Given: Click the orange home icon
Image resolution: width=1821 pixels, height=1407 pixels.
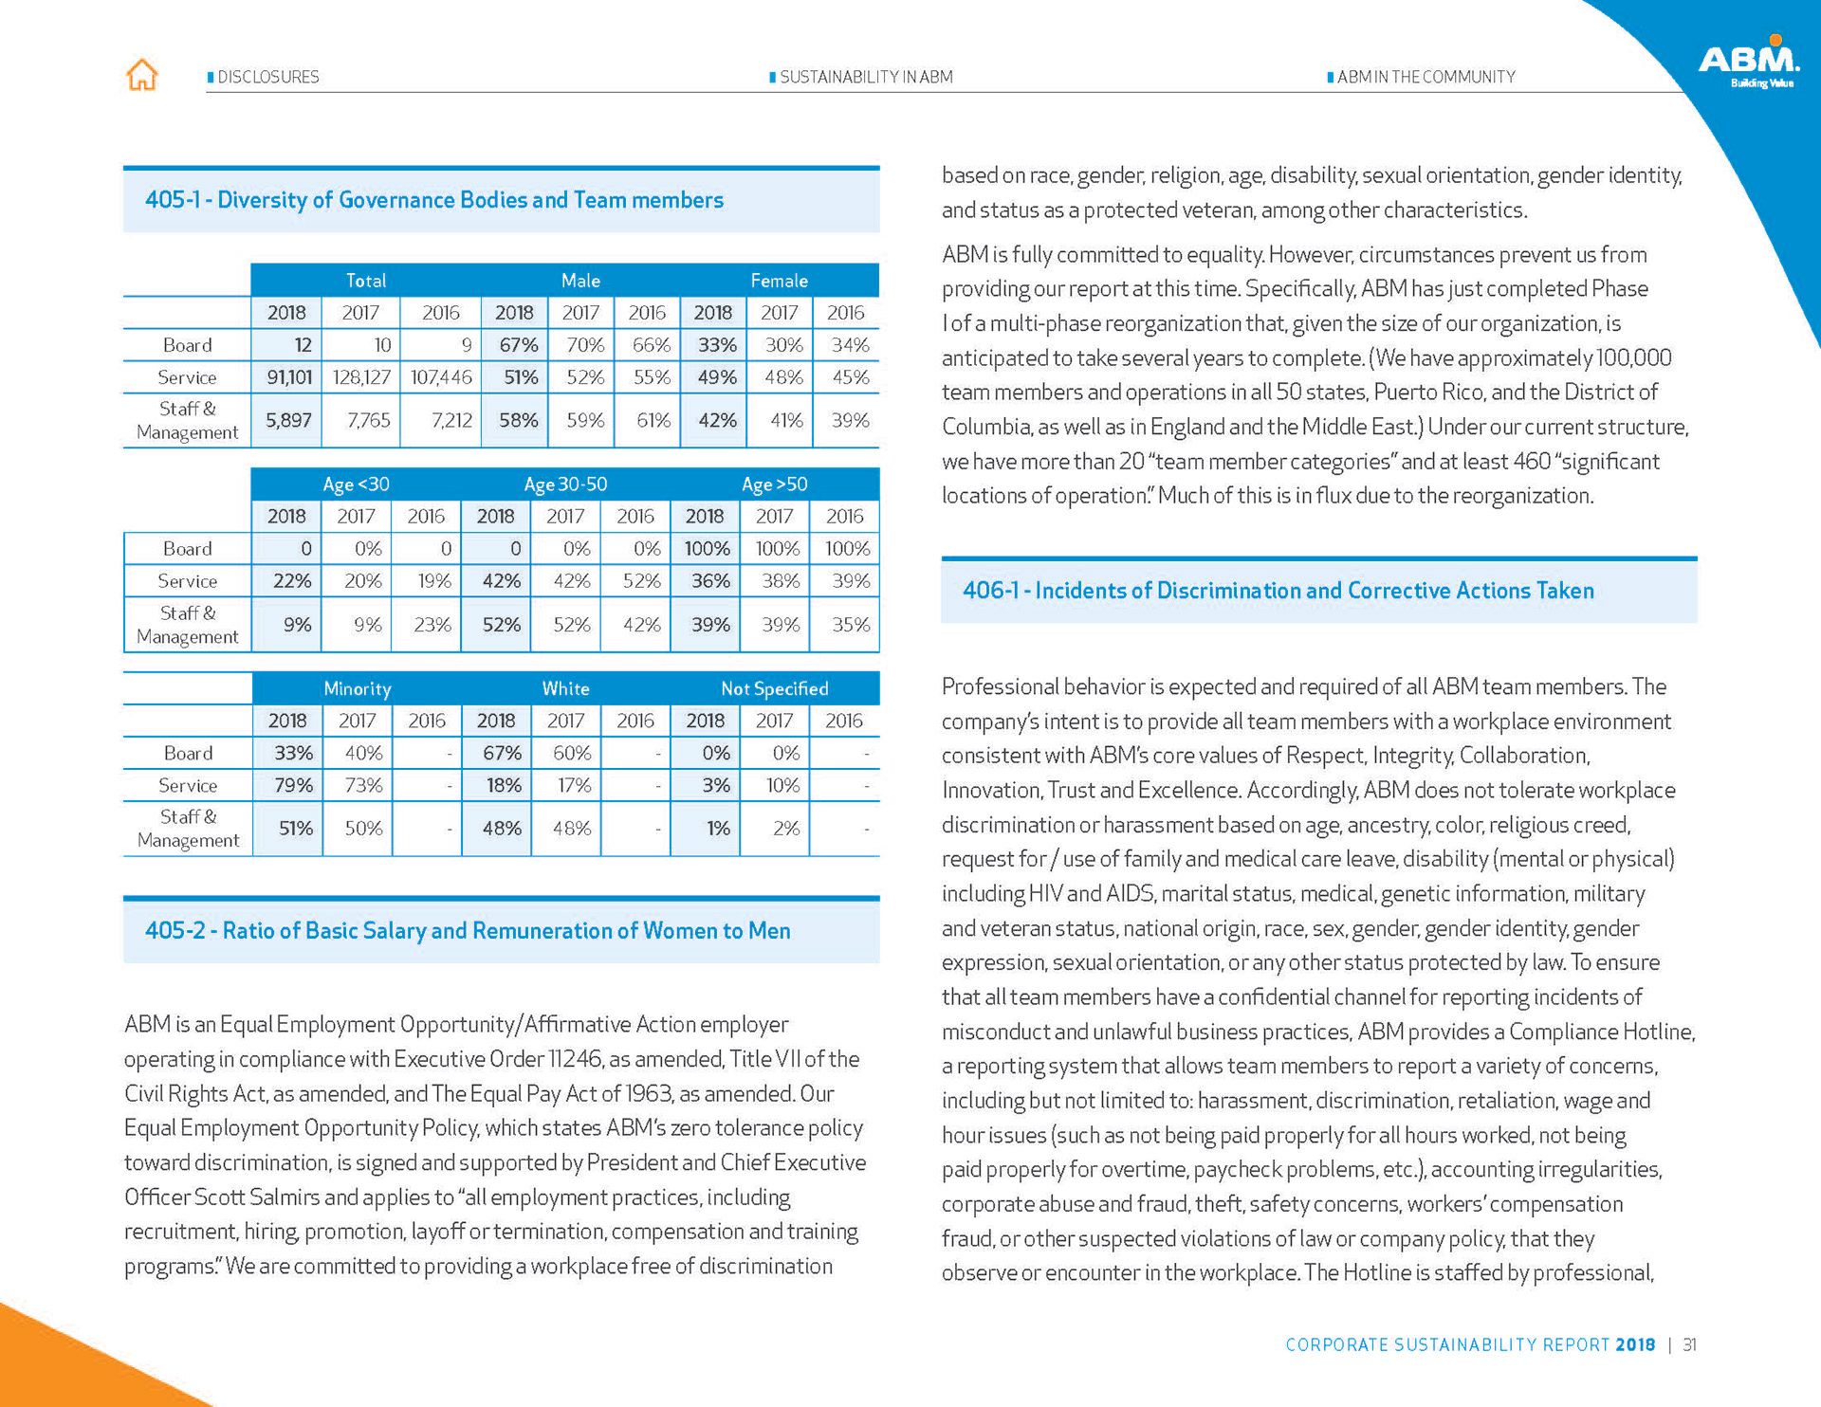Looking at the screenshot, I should (142, 75).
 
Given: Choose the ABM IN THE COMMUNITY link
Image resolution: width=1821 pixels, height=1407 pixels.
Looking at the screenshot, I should (1426, 77).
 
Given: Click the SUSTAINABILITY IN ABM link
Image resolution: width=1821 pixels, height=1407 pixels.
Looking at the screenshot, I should (865, 77).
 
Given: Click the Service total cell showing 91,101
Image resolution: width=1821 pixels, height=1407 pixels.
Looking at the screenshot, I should (288, 377).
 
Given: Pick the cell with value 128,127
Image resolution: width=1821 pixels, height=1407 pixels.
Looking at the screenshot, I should (360, 377).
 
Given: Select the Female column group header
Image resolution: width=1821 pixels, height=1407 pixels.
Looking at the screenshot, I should (779, 281).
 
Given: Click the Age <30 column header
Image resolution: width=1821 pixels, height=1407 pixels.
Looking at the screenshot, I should (356, 484).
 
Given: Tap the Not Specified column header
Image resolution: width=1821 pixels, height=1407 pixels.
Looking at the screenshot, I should (774, 689).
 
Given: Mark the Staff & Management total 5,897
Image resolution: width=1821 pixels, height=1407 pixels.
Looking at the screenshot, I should (288, 420).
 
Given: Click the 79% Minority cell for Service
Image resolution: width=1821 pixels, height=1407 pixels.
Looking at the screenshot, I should (292, 785).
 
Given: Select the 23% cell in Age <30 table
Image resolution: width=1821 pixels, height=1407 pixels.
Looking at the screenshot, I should (432, 625).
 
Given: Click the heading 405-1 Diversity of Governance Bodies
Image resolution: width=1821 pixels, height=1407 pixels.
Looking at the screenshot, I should (433, 200).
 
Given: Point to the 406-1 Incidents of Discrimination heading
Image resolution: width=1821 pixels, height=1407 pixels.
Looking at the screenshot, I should (1278, 591).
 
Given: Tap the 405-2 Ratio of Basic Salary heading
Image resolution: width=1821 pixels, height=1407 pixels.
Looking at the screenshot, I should (467, 931).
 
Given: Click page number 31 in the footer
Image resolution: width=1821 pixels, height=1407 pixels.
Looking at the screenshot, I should (1689, 1344).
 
